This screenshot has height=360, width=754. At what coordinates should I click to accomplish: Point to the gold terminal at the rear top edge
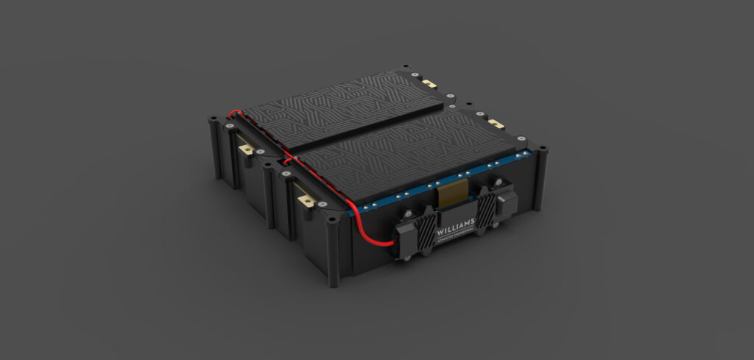[428, 84]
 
